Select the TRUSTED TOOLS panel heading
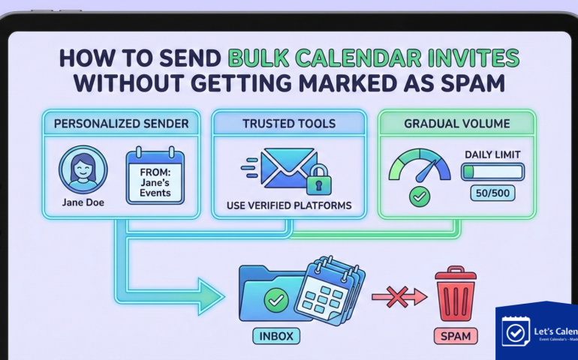click(x=288, y=122)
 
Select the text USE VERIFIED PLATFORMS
click(x=288, y=205)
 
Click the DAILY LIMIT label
click(x=492, y=154)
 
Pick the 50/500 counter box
click(x=492, y=193)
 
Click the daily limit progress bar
click(x=492, y=172)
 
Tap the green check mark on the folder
click(x=276, y=301)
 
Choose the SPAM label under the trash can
click(x=455, y=335)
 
